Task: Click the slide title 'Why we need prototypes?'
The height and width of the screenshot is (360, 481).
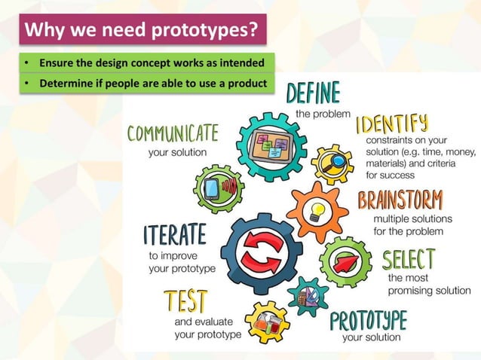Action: click(142, 31)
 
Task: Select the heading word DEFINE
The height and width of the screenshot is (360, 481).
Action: click(313, 94)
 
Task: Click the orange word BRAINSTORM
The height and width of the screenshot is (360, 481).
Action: click(400, 201)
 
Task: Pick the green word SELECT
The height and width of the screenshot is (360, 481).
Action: click(408, 260)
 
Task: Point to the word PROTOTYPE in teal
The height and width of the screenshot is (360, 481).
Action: click(369, 320)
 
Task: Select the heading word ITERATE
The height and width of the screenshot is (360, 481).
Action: click(174, 235)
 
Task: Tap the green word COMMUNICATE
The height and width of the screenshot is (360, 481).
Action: click(173, 135)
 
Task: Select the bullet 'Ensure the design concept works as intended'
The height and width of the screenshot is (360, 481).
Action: click(146, 62)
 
